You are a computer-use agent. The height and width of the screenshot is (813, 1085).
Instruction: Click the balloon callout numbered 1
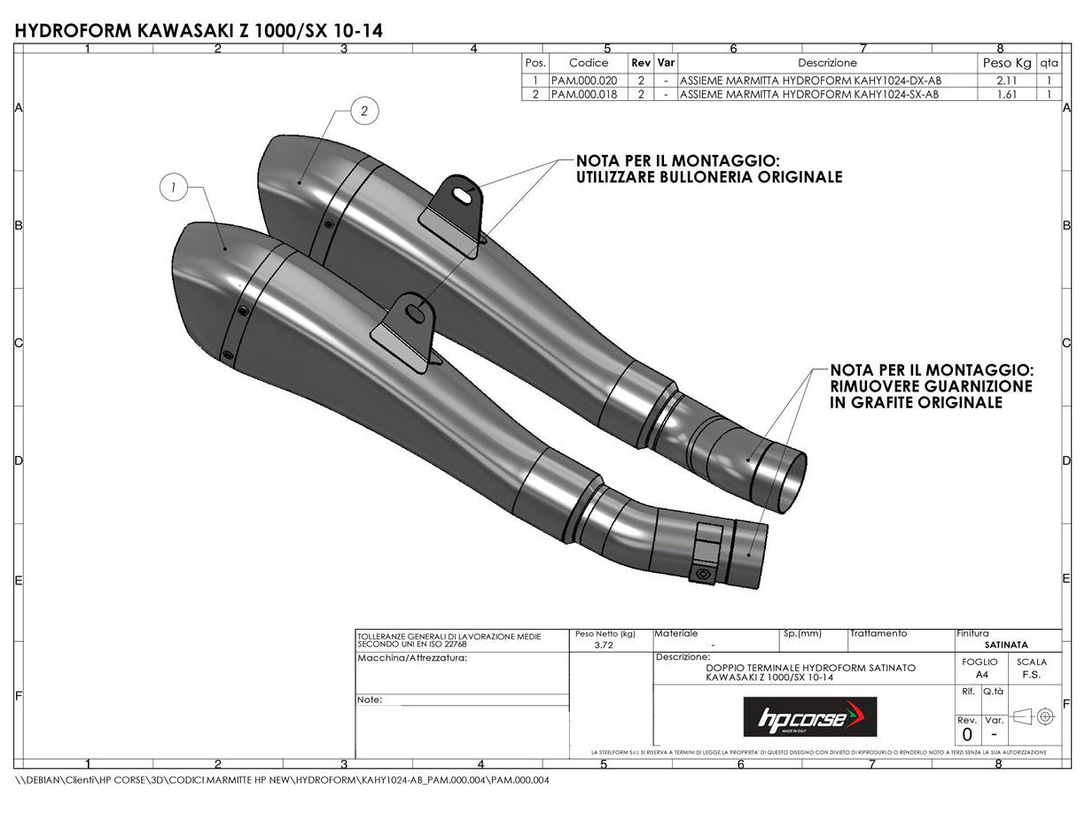pyautogui.click(x=174, y=187)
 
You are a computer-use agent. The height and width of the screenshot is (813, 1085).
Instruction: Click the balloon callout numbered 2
pyautogui.click(x=364, y=111)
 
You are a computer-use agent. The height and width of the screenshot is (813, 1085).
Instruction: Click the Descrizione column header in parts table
pyautogui.click(x=827, y=63)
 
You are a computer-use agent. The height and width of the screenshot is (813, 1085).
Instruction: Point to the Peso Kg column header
pyautogui.click(x=1007, y=63)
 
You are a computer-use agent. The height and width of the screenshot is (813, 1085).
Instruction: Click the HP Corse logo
pyautogui.click(x=809, y=716)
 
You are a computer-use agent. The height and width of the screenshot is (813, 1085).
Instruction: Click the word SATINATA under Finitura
pyautogui.click(x=1006, y=645)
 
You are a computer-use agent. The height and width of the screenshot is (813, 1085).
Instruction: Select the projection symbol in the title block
pyautogui.click(x=1034, y=715)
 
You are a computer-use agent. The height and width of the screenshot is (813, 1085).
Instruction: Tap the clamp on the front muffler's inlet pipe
pyautogui.click(x=708, y=554)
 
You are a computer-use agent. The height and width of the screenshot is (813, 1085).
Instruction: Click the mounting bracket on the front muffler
pyautogui.click(x=403, y=333)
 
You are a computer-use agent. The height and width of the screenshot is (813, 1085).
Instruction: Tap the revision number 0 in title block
pyautogui.click(x=967, y=734)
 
